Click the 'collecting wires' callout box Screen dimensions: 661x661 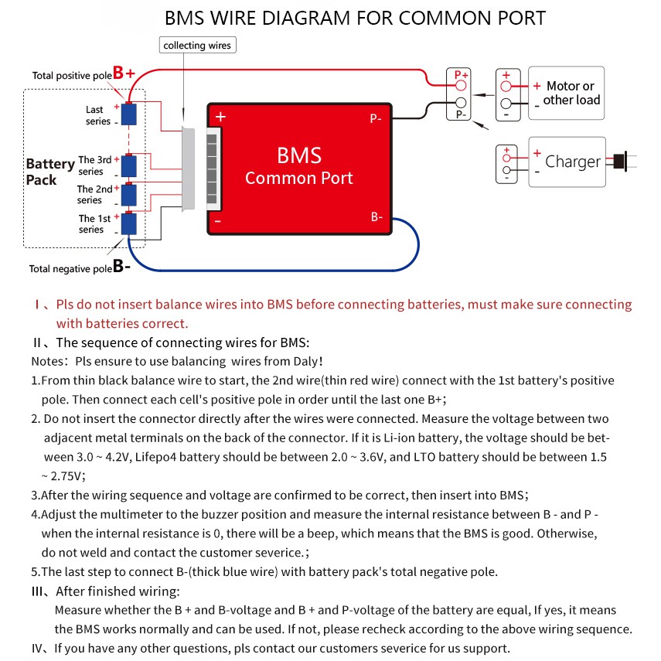coord(196,46)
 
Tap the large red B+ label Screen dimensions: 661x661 coord(124,73)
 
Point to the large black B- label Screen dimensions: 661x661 coord(121,267)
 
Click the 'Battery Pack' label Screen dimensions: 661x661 coord(49,172)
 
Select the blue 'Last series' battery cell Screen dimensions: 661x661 coord(128,114)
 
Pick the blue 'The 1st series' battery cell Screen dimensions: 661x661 coord(128,223)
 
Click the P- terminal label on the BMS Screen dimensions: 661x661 coord(376,119)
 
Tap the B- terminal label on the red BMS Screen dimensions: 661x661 coord(376,217)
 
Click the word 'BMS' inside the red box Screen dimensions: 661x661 coord(298,155)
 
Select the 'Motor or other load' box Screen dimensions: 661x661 coord(566,94)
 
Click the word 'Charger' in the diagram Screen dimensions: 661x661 coord(573,162)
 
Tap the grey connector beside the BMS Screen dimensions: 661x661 coord(188,170)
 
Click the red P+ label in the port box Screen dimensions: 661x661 coord(461,75)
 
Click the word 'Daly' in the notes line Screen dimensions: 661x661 coord(302,361)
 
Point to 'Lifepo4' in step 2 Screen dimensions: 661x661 coord(158,456)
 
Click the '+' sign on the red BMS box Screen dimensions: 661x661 coord(220,118)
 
